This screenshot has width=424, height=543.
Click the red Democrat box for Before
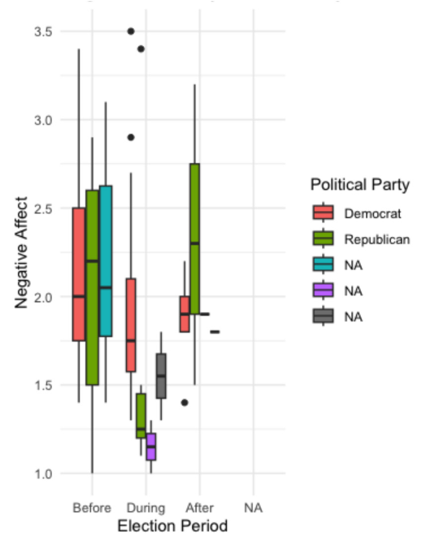click(x=79, y=274)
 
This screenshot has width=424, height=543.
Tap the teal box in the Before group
click(x=105, y=261)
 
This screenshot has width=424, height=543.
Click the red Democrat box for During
click(x=131, y=325)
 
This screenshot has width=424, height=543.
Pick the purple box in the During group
click(x=151, y=447)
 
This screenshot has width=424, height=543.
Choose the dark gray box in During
click(x=161, y=375)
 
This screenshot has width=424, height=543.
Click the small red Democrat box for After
click(x=184, y=314)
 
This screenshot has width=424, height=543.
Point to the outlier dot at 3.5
click(x=131, y=31)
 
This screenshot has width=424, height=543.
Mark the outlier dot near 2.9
click(x=131, y=137)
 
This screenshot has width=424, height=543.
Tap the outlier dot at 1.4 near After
click(x=184, y=403)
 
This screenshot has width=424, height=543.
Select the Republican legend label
click(x=376, y=239)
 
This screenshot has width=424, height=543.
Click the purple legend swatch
click(x=323, y=290)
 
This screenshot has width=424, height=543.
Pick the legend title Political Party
click(x=360, y=185)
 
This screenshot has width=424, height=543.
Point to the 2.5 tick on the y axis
click(x=44, y=208)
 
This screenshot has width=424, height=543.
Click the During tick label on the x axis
click(x=146, y=508)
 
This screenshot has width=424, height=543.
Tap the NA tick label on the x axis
click(x=253, y=508)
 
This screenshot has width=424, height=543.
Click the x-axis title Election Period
click(x=172, y=526)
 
